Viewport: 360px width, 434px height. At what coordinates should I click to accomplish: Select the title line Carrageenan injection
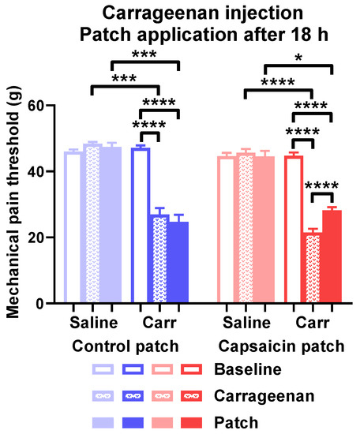181,13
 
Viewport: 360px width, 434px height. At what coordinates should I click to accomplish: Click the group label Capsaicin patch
279,345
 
